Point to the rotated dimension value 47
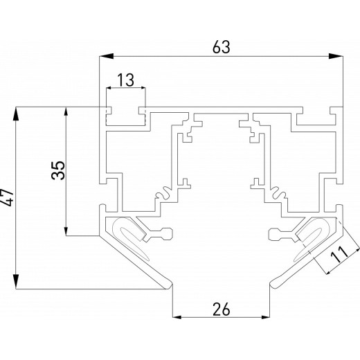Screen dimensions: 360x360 coord(8,198)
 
